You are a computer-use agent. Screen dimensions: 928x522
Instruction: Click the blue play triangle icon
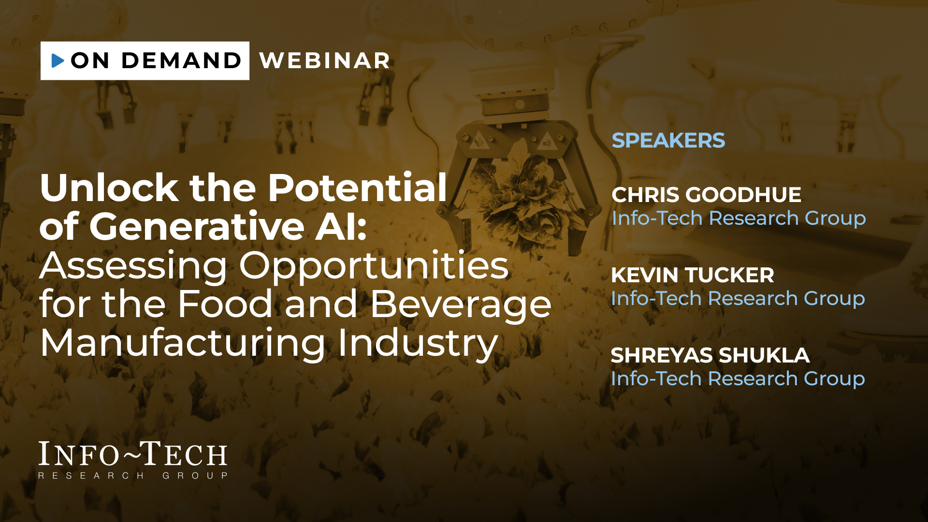pos(58,60)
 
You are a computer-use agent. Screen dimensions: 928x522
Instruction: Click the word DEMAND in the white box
pos(181,60)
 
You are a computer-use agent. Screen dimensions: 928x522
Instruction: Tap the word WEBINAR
pos(325,60)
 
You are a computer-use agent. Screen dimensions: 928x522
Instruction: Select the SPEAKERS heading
pos(668,140)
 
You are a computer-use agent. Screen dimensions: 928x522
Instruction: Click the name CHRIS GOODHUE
pos(706,195)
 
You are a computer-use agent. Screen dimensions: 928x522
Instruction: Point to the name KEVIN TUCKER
pos(692,275)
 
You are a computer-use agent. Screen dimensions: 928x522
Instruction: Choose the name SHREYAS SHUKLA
pos(710,355)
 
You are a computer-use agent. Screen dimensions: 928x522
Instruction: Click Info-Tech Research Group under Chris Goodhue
pos(739,218)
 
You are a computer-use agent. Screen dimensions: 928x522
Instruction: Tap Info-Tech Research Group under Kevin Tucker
pos(738,299)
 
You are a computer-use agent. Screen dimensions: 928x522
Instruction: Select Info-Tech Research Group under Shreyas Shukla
pos(738,379)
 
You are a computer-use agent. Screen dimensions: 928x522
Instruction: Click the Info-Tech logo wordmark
pos(133,454)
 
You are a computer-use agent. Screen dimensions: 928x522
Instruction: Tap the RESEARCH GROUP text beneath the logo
pos(133,476)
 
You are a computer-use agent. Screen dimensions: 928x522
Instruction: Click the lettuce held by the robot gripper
pos(522,201)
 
